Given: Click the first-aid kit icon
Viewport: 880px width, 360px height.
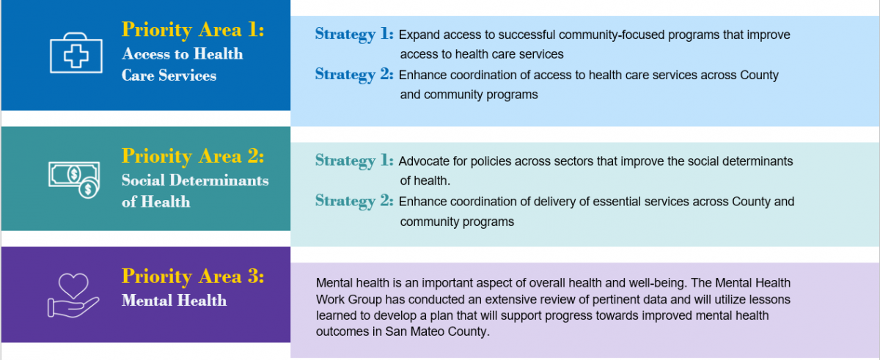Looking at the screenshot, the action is click(x=76, y=53).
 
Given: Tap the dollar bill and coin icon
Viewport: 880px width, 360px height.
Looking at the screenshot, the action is click(x=74, y=180).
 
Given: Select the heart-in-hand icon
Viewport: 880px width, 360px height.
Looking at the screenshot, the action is click(x=73, y=295).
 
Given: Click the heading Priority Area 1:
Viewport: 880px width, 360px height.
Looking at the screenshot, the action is click(x=193, y=30).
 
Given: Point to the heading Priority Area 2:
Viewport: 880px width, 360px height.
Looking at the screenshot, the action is click(x=193, y=157).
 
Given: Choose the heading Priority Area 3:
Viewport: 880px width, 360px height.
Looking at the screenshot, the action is click(x=193, y=276).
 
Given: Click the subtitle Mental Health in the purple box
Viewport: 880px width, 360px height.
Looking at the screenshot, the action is click(x=174, y=301).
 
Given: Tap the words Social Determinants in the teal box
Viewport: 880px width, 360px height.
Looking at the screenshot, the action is click(x=195, y=180).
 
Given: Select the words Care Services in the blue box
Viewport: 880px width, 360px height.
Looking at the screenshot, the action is click(x=169, y=76).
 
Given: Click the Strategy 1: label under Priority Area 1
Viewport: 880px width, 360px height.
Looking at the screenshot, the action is click(x=354, y=34).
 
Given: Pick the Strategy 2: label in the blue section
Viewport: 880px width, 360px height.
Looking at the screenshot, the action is click(x=354, y=75).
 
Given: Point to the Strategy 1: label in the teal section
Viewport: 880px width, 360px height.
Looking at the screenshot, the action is click(x=354, y=161).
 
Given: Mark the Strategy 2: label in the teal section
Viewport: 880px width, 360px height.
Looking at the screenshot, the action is click(x=354, y=201).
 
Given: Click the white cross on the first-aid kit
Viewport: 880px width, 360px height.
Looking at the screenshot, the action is click(x=76, y=56).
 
